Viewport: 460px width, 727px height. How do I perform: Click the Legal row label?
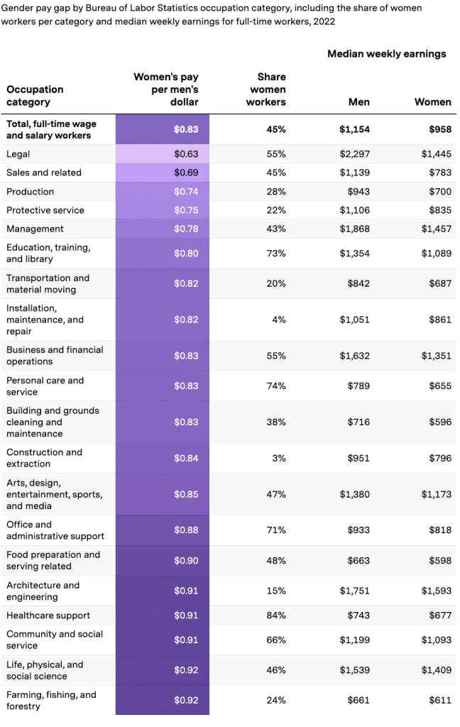pos(18,154)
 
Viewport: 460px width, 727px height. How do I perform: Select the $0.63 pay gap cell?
pos(186,154)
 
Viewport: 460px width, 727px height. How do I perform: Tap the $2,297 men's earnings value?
pos(354,154)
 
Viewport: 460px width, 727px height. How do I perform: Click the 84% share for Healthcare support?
pos(276,616)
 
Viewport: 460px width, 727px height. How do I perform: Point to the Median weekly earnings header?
pos(386,54)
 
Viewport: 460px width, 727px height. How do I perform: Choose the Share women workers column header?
pos(266,89)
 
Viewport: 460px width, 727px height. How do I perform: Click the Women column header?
pos(432,102)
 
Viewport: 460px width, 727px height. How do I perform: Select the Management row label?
pos(35,229)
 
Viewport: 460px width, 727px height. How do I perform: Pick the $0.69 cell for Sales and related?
pos(186,173)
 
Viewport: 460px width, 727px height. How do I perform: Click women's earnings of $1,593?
pos(435,591)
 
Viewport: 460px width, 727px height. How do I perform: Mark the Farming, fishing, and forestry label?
pos(51,700)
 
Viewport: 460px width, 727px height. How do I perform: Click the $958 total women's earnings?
pos(439,129)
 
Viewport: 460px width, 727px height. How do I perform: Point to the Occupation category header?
pos(35,95)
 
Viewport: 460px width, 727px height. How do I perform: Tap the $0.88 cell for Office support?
pos(186,530)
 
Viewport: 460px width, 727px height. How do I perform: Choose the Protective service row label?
pos(45,210)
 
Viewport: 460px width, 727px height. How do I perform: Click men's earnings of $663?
pos(358,560)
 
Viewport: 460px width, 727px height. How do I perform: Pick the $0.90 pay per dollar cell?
pos(186,560)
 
